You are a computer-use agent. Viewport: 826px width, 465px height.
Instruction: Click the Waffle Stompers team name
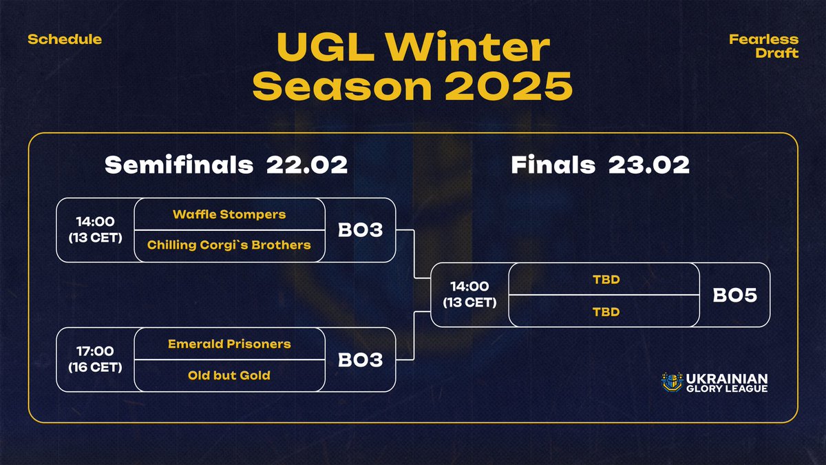point(229,214)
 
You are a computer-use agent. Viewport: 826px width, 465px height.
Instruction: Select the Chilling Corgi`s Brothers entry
point(229,245)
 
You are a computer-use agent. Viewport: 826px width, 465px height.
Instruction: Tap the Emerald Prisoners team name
point(229,344)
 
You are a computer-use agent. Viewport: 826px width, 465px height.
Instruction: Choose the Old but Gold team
point(229,375)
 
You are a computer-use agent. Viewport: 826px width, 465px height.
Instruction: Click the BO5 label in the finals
point(734,295)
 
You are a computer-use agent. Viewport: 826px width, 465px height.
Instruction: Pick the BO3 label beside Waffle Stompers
point(360,230)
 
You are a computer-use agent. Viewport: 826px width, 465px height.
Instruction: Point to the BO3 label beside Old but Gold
point(360,360)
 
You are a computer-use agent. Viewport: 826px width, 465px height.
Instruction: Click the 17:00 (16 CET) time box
point(95,360)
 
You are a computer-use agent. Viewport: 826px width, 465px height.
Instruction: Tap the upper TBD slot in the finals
point(606,279)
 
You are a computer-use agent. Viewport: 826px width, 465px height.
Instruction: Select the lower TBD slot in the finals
point(606,311)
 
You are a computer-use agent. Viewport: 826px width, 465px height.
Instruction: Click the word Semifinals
point(179,165)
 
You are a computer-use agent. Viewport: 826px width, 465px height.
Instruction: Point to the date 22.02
point(307,165)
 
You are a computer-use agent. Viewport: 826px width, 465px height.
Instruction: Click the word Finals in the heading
point(553,165)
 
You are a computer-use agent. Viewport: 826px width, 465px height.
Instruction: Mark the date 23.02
point(649,165)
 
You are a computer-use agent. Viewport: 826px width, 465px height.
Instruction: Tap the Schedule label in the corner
point(65,39)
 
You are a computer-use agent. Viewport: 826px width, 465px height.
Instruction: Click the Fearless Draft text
point(763,46)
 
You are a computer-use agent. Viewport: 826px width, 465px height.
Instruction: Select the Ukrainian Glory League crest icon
point(671,383)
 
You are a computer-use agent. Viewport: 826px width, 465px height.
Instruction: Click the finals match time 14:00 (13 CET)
point(469,295)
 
